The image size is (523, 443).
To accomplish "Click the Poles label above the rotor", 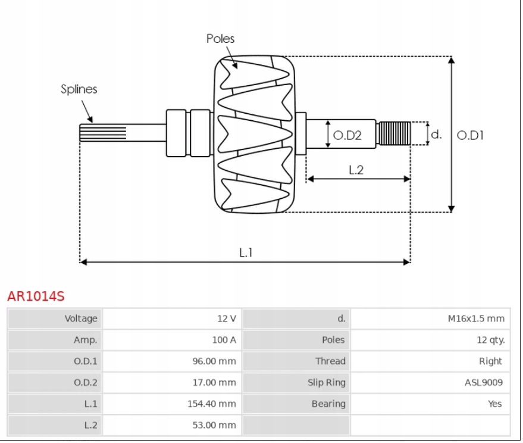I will point(220,39).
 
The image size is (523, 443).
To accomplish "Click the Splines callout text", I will point(79,89).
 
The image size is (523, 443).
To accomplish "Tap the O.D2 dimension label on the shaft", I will point(347,135).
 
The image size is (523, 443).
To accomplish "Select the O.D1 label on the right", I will point(470,135).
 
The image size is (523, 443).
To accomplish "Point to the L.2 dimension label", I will point(356,170).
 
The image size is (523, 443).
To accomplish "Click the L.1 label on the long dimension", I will point(246,252).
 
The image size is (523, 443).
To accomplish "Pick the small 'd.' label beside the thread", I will point(436,134).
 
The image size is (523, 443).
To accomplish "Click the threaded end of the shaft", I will point(394,133).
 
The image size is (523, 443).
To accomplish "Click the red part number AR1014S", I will point(36,296).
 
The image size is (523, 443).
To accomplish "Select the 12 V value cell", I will point(226,319).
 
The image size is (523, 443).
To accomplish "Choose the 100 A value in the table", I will point(224,340).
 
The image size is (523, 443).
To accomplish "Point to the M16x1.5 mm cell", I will point(475,319).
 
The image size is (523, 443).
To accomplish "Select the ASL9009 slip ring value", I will point(483,383).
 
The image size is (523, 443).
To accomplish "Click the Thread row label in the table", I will point(330,361).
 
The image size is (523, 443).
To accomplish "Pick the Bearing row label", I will point(328,404).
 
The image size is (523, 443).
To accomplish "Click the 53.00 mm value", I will point(217,425).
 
